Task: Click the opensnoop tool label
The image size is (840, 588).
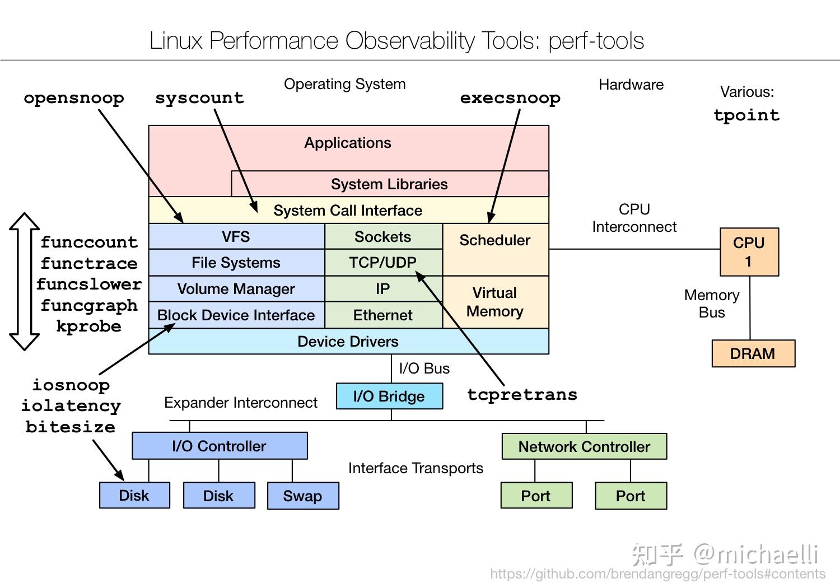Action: pyautogui.click(x=74, y=98)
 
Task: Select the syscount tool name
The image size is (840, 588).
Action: pyautogui.click(x=200, y=98)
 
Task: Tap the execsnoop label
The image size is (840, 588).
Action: pyautogui.click(x=510, y=98)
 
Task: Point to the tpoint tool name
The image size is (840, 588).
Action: pyautogui.click(x=746, y=115)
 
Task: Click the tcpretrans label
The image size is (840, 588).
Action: pyautogui.click(x=522, y=394)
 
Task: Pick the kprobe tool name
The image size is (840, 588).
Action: pyautogui.click(x=88, y=326)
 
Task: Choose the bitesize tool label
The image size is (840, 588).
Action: pyautogui.click(x=71, y=427)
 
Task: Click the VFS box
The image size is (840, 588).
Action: pyautogui.click(x=236, y=237)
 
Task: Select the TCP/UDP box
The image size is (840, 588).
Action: pyautogui.click(x=383, y=263)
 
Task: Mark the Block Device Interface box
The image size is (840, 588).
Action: pyautogui.click(x=236, y=315)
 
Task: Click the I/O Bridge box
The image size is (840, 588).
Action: pyautogui.click(x=389, y=396)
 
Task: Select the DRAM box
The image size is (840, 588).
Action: pyautogui.click(x=753, y=354)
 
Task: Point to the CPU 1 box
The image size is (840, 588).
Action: pyautogui.click(x=749, y=252)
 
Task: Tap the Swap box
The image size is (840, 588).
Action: pyautogui.click(x=303, y=496)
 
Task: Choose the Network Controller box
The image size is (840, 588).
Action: pyautogui.click(x=584, y=447)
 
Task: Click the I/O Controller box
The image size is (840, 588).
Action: pyautogui.click(x=220, y=446)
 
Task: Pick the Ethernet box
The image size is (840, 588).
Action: pyautogui.click(x=383, y=315)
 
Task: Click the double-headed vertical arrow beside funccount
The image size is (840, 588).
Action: pyautogui.click(x=24, y=282)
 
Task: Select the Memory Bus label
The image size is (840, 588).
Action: pyautogui.click(x=712, y=304)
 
